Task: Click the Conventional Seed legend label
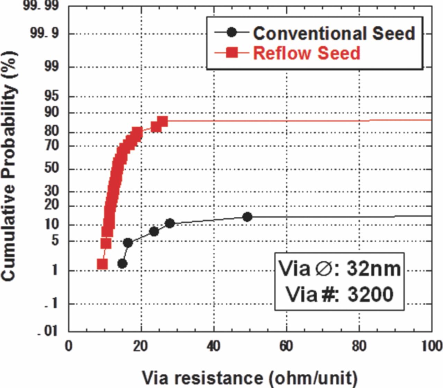[334, 33]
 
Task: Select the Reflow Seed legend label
[307, 53]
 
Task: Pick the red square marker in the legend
[232, 53]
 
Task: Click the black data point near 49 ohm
[247, 217]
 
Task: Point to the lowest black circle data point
[122, 264]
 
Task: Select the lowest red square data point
[102, 264]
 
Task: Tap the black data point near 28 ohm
[170, 223]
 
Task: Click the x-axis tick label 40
[214, 346]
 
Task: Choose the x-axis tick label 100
[432, 346]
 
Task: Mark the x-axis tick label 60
[286, 346]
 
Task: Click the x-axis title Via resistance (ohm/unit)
[250, 378]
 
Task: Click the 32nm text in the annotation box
[373, 268]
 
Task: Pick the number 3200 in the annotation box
[370, 295]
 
